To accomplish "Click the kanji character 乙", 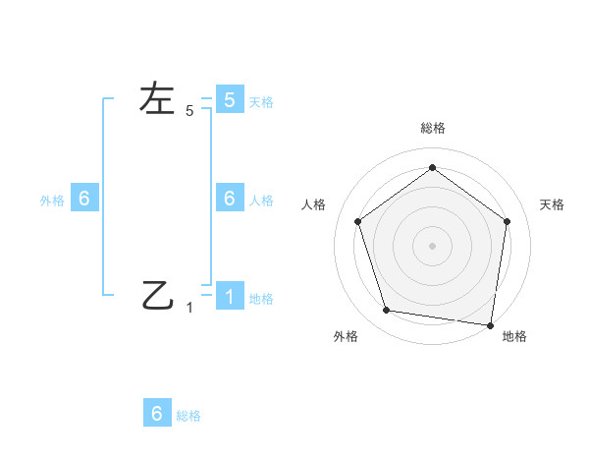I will pyautogui.click(x=157, y=294).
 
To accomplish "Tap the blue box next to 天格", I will pyautogui.click(x=229, y=99).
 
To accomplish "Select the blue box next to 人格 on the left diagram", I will pyautogui.click(x=229, y=198).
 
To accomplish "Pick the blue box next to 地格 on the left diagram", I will pyautogui.click(x=229, y=296).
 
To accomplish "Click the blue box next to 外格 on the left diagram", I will pyautogui.click(x=83, y=198).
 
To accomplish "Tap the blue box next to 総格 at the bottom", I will pyautogui.click(x=157, y=413).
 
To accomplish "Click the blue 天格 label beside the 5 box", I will pyautogui.click(x=261, y=101).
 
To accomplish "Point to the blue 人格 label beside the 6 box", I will pyautogui.click(x=261, y=200).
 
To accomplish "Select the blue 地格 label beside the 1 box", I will pyautogui.click(x=261, y=298).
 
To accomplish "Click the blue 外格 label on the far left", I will pyautogui.click(x=52, y=200).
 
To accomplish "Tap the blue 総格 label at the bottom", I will pyautogui.click(x=188, y=415).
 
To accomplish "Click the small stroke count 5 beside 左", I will pyautogui.click(x=189, y=111).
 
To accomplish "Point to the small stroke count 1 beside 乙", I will pyautogui.click(x=189, y=308).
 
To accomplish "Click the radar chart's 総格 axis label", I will pyautogui.click(x=432, y=128).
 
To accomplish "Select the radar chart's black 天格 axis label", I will pyautogui.click(x=552, y=204).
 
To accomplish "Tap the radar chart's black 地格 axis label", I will pyautogui.click(x=514, y=336).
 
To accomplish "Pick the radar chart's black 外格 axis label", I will pyautogui.click(x=346, y=336).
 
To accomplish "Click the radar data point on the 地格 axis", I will pyautogui.click(x=490, y=324).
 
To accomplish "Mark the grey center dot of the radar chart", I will pyautogui.click(x=432, y=245).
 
